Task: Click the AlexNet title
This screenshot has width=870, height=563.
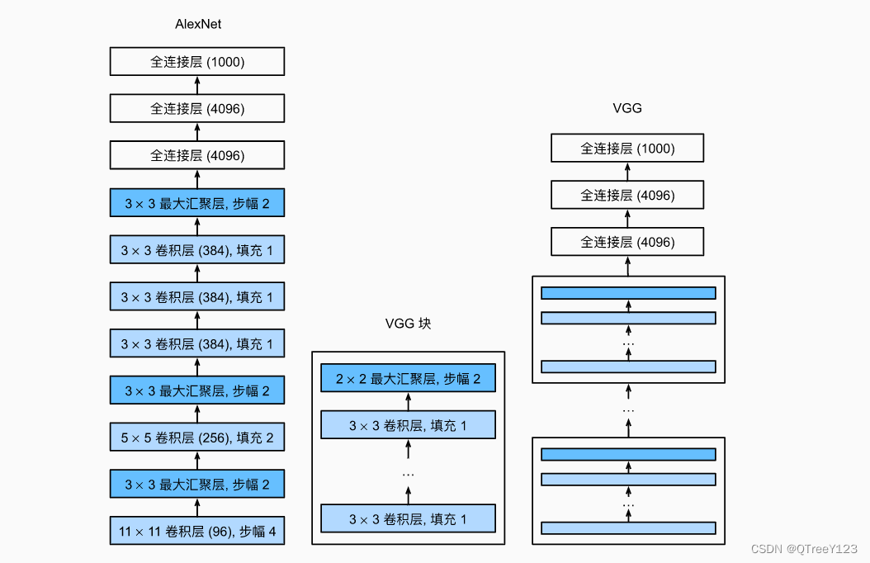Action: point(198,24)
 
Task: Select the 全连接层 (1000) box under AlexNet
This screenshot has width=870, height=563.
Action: point(197,62)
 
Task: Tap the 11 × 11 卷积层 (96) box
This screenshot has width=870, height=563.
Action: point(197,531)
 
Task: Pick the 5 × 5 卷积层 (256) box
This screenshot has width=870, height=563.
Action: point(197,438)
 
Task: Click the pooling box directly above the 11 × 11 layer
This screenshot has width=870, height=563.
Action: point(197,485)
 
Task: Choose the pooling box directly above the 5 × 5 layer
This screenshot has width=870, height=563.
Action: point(197,390)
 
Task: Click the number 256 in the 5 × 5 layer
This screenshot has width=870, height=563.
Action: point(210,438)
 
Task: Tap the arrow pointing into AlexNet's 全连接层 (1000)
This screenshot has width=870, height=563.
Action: point(197,85)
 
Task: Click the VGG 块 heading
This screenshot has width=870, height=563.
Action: point(408,324)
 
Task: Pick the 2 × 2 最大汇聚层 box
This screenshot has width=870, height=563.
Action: point(408,379)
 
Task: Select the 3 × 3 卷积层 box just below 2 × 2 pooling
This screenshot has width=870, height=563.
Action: point(408,426)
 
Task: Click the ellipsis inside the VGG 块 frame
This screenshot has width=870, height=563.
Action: point(408,474)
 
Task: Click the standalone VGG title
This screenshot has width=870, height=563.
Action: point(627,108)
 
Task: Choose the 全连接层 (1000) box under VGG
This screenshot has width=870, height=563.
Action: point(627,149)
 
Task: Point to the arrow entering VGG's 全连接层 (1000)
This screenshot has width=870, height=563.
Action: point(627,173)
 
